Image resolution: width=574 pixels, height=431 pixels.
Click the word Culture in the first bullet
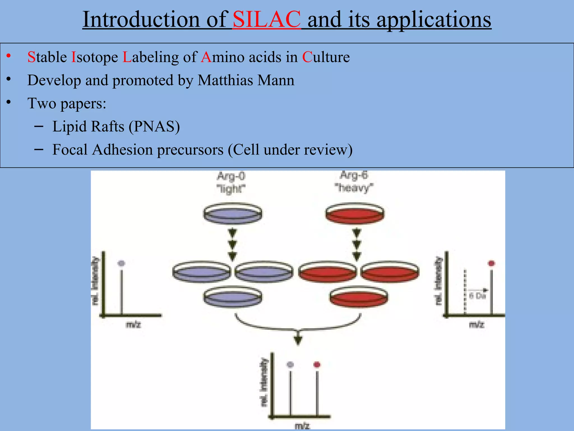[326, 57]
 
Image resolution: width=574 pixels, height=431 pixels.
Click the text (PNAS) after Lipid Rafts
[154, 126]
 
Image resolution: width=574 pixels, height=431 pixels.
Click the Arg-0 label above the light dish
[231, 176]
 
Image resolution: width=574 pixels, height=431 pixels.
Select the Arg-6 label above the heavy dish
[354, 175]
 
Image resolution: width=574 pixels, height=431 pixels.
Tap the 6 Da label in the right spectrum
[477, 296]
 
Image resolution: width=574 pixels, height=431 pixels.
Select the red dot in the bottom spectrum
[317, 364]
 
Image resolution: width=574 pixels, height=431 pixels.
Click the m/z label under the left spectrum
[133, 325]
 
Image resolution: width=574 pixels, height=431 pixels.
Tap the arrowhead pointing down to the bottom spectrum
[298, 340]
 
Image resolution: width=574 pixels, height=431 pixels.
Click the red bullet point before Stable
[9, 56]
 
